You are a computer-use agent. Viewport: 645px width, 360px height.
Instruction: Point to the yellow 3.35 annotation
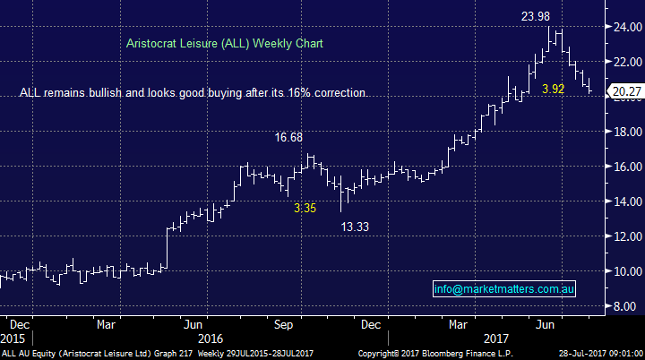coord(306,208)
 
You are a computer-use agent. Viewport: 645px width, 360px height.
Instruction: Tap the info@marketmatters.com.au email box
coord(504,289)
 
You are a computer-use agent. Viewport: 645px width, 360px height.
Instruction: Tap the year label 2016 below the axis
coord(210,339)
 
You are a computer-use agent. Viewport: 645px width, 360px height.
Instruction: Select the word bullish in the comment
coord(103,93)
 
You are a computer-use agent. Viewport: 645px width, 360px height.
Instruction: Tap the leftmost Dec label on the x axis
coord(19,324)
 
